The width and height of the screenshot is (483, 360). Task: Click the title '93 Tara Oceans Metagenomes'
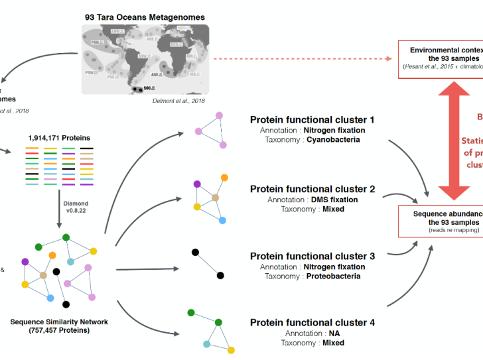[145, 17]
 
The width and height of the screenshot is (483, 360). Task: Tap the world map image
[145, 60]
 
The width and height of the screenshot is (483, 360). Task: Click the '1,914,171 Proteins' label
[59, 137]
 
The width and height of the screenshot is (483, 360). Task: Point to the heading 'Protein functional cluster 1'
[312, 120]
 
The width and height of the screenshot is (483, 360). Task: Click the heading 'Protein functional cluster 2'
[312, 189]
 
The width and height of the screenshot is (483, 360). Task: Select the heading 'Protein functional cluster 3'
[312, 256]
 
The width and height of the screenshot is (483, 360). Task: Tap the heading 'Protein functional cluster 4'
[312, 323]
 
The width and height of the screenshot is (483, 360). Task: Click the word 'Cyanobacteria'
[334, 141]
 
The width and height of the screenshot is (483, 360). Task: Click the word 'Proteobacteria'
[334, 276]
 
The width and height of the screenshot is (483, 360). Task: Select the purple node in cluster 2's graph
[197, 166]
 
